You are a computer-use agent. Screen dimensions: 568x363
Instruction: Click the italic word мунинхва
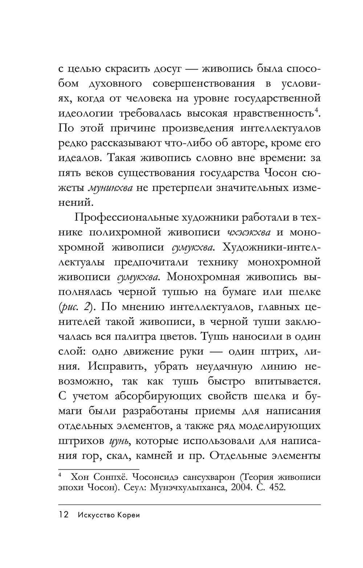pos(111,188)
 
